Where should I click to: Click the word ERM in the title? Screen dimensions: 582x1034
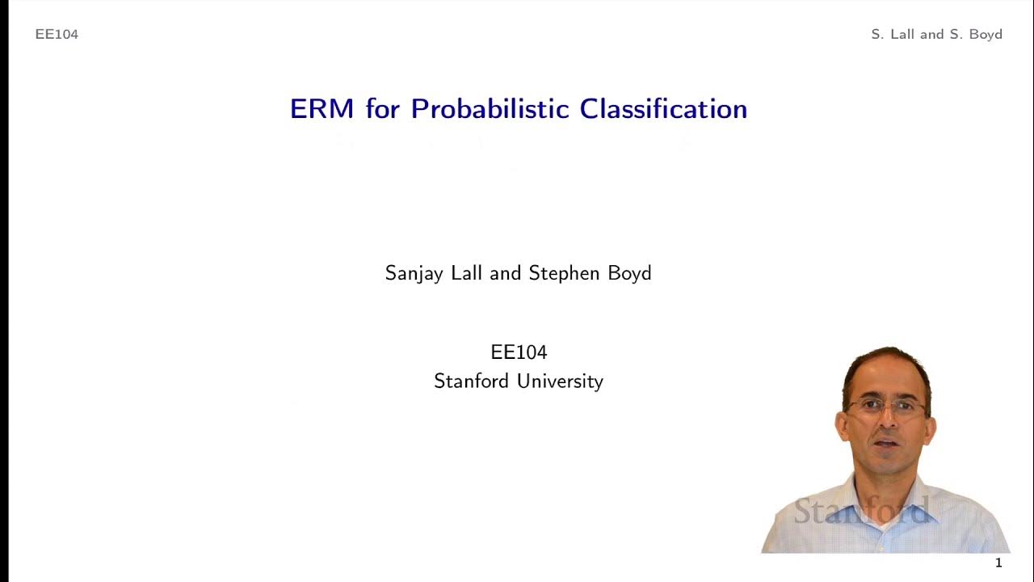[322, 109]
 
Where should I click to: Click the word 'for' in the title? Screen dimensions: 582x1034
[383, 109]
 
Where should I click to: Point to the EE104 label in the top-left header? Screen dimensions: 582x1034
[57, 34]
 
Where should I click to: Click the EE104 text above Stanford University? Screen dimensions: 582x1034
[519, 352]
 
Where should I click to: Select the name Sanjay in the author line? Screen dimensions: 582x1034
[414, 274]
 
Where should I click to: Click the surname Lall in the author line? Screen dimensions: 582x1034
[467, 273]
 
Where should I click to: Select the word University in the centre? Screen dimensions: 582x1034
[561, 381]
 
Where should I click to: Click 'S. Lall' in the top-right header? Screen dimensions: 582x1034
[893, 34]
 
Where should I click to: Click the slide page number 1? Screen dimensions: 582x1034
[998, 563]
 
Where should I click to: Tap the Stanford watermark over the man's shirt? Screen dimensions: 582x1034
[861, 511]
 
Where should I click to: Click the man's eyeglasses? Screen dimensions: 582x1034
[886, 407]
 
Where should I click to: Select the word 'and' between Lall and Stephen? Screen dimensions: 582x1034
[506, 273]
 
